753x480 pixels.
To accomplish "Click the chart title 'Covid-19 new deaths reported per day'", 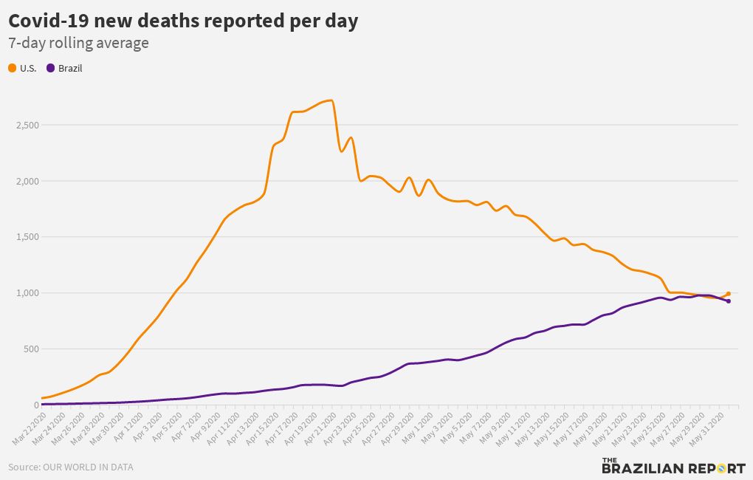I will tap(183, 21).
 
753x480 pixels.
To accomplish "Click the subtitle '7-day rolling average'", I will tap(78, 44).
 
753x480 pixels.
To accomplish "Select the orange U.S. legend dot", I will tap(13, 69).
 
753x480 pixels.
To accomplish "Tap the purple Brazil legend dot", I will tap(51, 69).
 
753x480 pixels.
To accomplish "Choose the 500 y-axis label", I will tap(30, 349).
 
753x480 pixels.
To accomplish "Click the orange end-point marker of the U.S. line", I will tap(728, 294).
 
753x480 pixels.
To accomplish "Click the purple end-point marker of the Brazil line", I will tap(728, 301).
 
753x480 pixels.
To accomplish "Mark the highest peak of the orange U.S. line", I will tap(331, 100).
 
